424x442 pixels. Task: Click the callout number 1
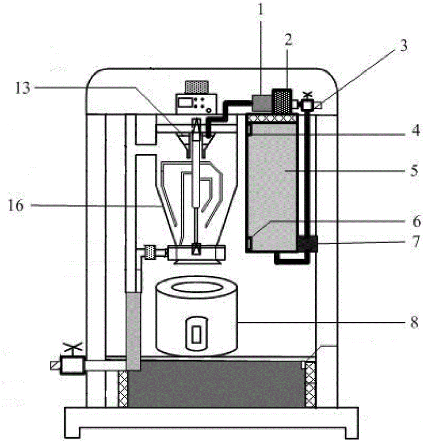tap(260, 11)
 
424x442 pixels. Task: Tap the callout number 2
tap(288, 40)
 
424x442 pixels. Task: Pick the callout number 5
tap(414, 171)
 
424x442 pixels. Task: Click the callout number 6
tap(416, 221)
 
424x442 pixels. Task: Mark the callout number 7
tap(416, 242)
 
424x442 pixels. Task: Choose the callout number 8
tap(414, 322)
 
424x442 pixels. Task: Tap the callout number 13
tap(23, 88)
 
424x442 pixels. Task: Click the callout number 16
tap(16, 205)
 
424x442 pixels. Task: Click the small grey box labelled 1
tap(261, 103)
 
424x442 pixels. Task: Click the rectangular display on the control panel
tap(186, 103)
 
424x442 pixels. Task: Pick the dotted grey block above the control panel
tap(197, 87)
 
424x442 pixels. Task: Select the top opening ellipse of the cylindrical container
tap(196, 288)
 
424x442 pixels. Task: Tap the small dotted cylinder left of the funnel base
tap(150, 252)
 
